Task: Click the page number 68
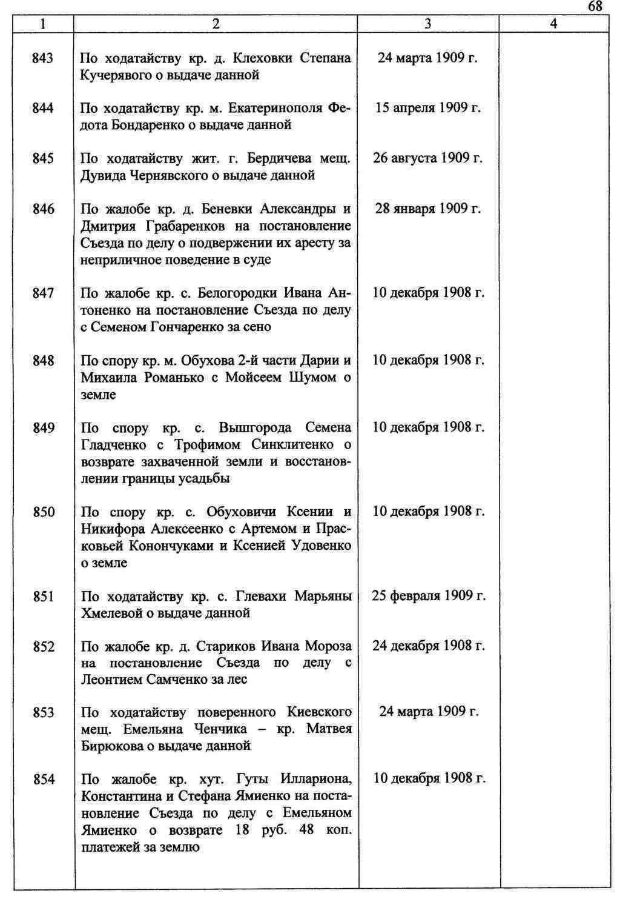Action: click(x=595, y=6)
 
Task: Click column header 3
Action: click(x=428, y=24)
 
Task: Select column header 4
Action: click(x=553, y=24)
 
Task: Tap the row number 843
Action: click(x=44, y=58)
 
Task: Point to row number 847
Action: click(x=44, y=293)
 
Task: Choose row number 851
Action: click(x=44, y=597)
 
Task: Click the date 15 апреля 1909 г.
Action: click(x=428, y=108)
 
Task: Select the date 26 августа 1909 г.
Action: click(x=428, y=158)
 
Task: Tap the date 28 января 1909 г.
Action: click(x=428, y=209)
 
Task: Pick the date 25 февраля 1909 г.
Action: click(x=428, y=596)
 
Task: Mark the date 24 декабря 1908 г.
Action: click(x=428, y=646)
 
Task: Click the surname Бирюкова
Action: click(x=110, y=746)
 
